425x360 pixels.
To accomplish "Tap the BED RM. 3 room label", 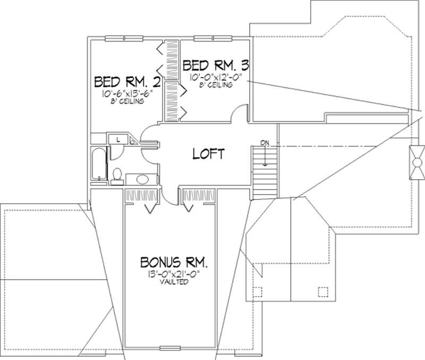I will [216, 65].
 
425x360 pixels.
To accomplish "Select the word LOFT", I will [208, 154].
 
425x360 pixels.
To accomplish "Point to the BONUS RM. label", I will [174, 263].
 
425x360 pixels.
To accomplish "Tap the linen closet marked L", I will [117, 139].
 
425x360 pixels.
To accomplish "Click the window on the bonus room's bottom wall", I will [171, 350].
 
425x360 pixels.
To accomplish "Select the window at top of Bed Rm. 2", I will [123, 38].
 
